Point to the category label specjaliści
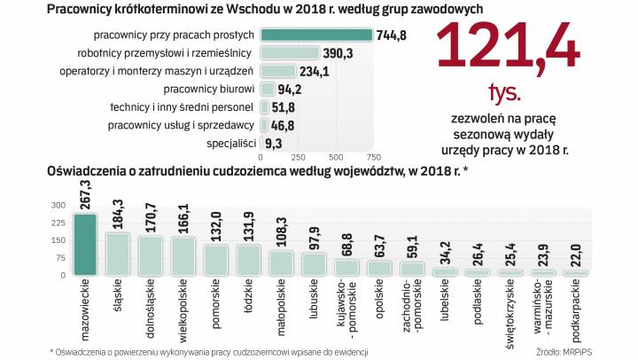point(231,144)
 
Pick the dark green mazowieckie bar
point(84,244)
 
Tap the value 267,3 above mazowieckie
point(85,194)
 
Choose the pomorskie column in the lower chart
point(216,259)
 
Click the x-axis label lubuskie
point(314,301)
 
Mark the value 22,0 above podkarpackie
point(576,254)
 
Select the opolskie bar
point(379,268)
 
